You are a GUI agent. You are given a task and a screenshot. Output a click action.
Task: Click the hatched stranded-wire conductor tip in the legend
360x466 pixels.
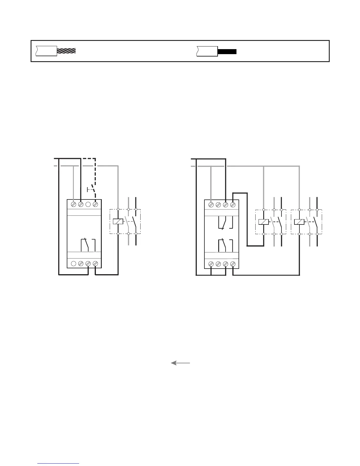tap(66, 51)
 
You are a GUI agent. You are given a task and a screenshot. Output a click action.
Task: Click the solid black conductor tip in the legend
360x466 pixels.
tap(227, 51)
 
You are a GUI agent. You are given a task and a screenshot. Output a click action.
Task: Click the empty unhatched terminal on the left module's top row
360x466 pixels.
tap(88, 204)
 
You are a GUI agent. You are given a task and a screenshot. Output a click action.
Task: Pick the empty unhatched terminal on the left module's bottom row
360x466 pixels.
tap(74, 264)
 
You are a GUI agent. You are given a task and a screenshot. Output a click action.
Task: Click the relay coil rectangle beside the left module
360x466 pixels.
tap(118, 222)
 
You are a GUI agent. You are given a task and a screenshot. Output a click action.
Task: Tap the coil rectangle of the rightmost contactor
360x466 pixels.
tap(299, 222)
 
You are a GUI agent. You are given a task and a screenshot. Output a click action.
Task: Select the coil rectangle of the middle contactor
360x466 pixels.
tap(264, 222)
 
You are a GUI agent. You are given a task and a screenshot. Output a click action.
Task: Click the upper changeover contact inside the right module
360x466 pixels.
tap(225, 222)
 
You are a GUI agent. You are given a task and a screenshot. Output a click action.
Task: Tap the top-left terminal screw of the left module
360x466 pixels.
tap(74, 204)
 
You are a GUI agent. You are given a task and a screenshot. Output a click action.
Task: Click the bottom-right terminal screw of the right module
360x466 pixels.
tap(233, 264)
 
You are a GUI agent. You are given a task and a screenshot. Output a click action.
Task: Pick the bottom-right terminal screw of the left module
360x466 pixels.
tap(95, 264)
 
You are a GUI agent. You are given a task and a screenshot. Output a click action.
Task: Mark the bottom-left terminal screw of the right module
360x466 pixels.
tap(211, 264)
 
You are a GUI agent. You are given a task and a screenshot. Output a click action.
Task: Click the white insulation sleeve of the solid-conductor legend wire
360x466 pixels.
tap(207, 51)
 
